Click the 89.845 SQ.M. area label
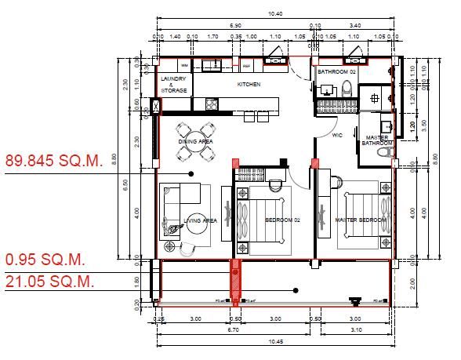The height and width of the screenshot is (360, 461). tap(54, 160)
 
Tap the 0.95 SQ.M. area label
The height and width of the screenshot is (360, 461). tap(45, 260)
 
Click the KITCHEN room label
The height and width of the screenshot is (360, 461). tap(249, 85)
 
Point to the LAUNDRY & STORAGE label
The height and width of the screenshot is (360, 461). tap(173, 85)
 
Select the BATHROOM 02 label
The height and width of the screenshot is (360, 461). tap(336, 72)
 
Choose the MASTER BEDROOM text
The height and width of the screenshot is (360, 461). tap(361, 220)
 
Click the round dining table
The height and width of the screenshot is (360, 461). tap(194, 141)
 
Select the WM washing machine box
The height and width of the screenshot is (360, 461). tap(185, 65)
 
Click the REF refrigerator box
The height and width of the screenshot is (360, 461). tap(245, 66)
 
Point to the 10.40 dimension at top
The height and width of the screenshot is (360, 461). tap(274, 13)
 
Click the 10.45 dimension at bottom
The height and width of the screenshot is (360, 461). tap(274, 343)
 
